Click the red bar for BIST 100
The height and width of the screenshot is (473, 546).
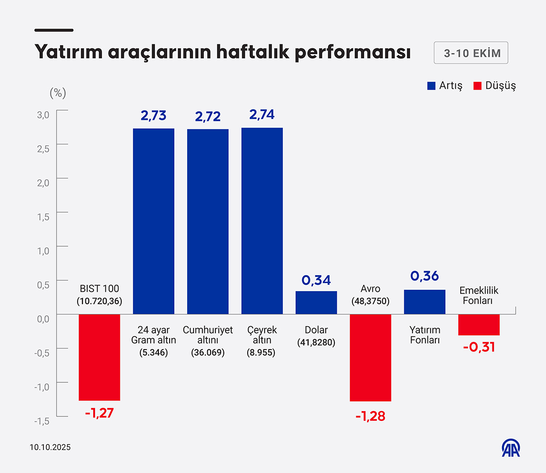pos(99,357)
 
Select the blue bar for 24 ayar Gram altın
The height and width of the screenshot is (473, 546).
pos(154,221)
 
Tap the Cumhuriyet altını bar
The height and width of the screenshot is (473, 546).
pos(208,221)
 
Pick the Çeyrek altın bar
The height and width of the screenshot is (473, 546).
pos(262,220)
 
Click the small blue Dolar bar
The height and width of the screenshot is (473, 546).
pos(316,302)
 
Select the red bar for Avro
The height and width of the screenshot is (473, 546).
pos(370,357)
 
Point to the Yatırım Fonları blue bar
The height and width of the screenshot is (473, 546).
pos(424,302)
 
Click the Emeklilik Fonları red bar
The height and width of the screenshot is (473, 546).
pos(479,325)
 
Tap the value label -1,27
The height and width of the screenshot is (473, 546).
pos(99,414)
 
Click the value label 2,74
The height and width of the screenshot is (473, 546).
pos(262,115)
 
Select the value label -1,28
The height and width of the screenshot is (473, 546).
pos(370,416)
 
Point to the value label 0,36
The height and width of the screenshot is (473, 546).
pos(424,276)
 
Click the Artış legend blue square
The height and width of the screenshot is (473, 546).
pos(431,86)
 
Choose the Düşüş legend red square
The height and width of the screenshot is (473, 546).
pos(477,86)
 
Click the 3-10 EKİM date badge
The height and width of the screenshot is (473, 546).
pos(471,53)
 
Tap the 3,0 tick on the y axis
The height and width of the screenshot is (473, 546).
pos(44,115)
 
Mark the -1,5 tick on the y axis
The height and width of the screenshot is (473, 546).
pos(42,421)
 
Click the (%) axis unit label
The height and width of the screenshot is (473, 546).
pos(58,93)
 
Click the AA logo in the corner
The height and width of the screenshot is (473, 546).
pos(511,448)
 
